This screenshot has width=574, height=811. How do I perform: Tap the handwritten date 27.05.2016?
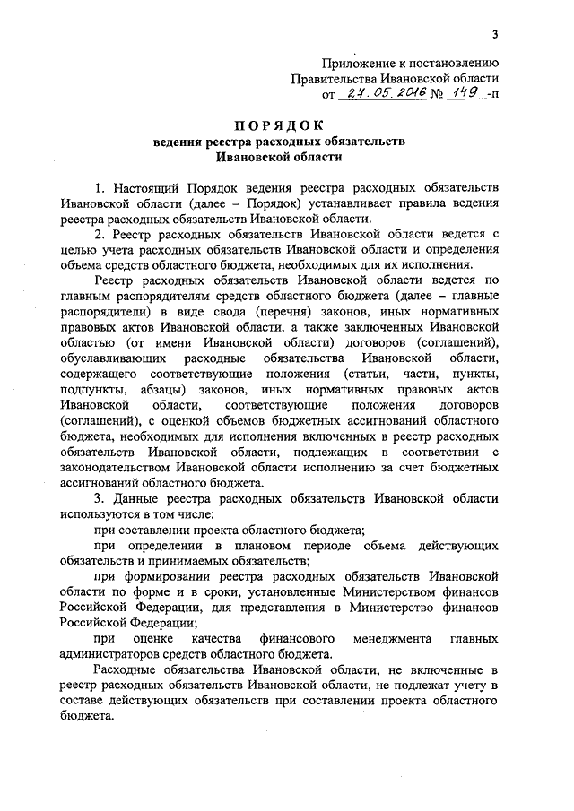tap(371, 94)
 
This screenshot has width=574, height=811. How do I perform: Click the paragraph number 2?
tap(98, 235)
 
